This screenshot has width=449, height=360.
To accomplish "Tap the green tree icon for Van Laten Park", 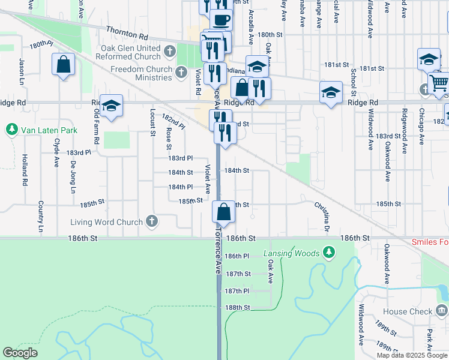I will tap(11, 130).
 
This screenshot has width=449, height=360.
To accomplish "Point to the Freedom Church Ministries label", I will tap(142, 73).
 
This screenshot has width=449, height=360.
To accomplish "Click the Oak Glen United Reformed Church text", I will tap(131, 53).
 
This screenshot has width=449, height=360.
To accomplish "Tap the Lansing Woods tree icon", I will tap(328, 253).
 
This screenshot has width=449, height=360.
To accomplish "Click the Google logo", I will tap(20, 353).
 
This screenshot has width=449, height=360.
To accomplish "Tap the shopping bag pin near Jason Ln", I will tap(63, 64).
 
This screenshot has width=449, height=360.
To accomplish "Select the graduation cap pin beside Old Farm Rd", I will tap(111, 106).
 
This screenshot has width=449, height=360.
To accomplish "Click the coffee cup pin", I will tap(221, 19).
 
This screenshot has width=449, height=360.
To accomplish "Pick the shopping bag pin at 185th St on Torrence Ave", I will tap(223, 211).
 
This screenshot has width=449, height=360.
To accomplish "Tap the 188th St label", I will tap(237, 307).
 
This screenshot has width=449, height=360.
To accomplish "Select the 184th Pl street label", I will tap(180, 187).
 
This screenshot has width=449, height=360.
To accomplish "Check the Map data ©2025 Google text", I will tap(412, 355).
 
